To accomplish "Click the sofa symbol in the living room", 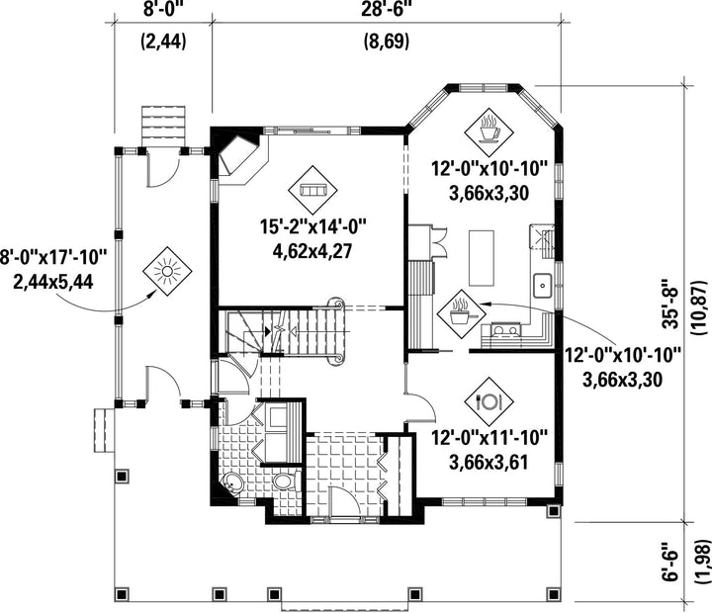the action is (312, 191).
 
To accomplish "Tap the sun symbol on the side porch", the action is (167, 272).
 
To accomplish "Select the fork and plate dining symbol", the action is (489, 401).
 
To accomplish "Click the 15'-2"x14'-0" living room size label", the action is (313, 226).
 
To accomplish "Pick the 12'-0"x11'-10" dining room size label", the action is (489, 438).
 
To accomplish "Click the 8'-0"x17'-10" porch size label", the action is (53, 257).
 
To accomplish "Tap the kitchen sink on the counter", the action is (542, 286).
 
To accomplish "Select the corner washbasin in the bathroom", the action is (232, 483).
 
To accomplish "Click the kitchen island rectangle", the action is (482, 258).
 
